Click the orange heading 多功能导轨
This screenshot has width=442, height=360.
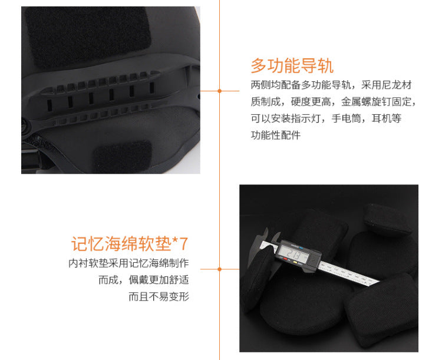292,65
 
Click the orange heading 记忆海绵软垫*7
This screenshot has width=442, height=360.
130,244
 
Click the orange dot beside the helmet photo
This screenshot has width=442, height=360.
220,91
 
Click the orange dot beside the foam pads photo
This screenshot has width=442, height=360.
220,269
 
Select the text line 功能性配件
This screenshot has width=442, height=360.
276,136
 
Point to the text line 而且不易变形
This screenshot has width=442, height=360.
159,296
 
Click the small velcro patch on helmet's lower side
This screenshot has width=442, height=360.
123,156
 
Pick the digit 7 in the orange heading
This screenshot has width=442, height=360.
183,244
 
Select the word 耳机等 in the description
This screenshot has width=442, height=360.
387,118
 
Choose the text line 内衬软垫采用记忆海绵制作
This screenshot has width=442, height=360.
128,263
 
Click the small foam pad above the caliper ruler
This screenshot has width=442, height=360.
385,219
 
